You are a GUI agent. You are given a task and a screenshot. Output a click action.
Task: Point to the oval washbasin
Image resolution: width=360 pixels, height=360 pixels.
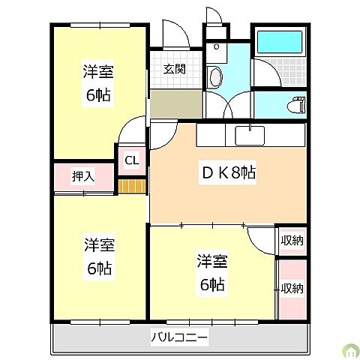click(x=215, y=76)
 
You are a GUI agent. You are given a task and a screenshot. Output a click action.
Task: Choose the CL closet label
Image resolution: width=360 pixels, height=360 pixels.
click(x=131, y=159)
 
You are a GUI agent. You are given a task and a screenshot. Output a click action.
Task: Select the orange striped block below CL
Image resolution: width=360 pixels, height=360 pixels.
click(x=131, y=185)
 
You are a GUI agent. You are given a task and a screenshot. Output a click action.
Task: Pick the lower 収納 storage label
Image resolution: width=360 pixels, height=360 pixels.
click(x=292, y=288)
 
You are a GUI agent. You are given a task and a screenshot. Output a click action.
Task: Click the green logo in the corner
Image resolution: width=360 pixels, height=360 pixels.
click(x=348, y=349)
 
